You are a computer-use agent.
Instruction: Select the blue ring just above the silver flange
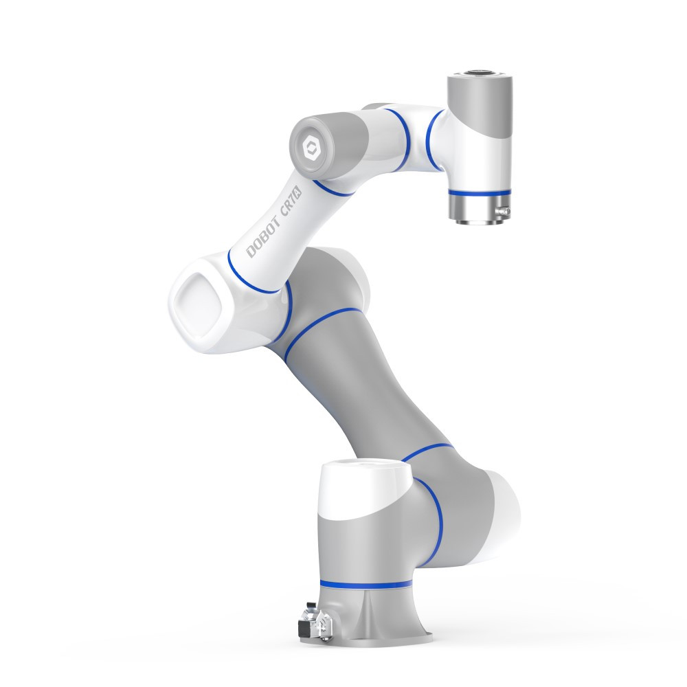pos(480,192)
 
